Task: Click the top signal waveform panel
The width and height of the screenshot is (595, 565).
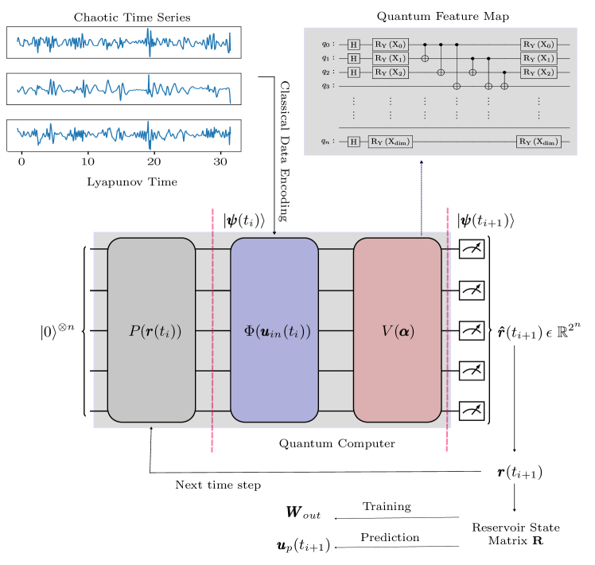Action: (x=123, y=42)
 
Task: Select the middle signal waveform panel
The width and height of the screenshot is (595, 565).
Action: (x=123, y=89)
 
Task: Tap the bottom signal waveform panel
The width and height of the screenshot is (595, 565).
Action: (x=123, y=135)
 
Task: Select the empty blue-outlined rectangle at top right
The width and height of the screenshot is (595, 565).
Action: (x=440, y=92)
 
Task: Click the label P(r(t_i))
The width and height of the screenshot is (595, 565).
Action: (x=155, y=332)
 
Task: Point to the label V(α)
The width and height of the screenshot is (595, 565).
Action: (x=398, y=332)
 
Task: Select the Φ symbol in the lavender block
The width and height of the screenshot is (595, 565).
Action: (x=248, y=332)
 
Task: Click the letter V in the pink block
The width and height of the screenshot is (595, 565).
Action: (x=387, y=332)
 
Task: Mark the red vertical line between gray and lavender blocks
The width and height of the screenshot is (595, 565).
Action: (x=212, y=330)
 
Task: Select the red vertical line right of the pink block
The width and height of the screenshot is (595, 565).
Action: (x=447, y=330)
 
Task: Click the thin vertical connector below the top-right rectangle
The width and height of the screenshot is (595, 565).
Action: (x=422, y=195)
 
